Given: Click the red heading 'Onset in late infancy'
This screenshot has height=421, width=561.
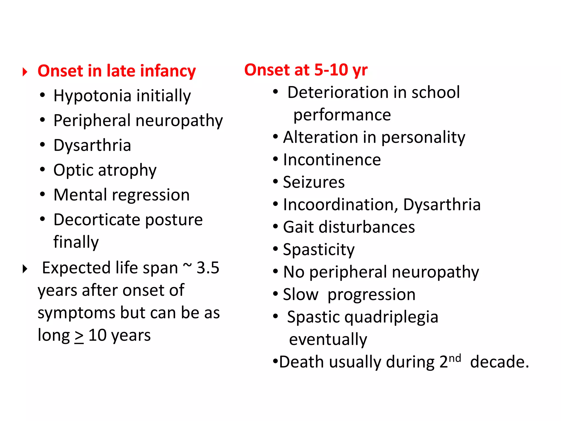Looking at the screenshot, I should click(x=117, y=71).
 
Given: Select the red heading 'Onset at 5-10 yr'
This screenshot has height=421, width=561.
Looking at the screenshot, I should click(x=306, y=70).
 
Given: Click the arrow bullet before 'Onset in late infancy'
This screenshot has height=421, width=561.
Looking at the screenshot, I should click(x=25, y=72).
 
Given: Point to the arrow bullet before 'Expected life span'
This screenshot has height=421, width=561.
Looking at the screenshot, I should click(x=25, y=269).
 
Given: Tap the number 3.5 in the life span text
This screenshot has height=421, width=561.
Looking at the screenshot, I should click(x=208, y=268).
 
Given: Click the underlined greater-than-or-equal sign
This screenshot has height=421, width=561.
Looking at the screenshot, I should click(x=79, y=336).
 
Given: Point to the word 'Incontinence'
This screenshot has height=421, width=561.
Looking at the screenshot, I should click(x=332, y=160).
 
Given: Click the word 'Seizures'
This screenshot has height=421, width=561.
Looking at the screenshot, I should click(x=314, y=182).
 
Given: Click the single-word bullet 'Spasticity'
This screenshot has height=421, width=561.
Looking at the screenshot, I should click(x=319, y=250).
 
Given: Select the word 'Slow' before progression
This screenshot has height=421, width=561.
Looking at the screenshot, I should click(x=300, y=295).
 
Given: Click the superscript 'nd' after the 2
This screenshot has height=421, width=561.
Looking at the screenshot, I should click(x=455, y=358).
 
